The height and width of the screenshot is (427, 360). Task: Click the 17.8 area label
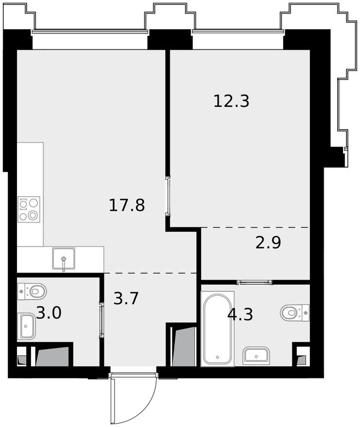127,205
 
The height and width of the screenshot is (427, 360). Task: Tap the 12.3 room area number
231,101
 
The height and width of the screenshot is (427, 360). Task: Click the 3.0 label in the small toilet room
49,313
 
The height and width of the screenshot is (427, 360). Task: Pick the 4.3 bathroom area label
240,314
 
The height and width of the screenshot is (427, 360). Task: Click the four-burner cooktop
29,208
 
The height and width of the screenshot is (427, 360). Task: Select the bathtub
217,329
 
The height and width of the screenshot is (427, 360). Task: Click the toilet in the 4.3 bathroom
295,313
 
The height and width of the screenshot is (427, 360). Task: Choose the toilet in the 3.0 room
32,291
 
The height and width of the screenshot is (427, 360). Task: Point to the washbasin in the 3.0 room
27,326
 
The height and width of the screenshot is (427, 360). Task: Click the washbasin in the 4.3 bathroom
256,355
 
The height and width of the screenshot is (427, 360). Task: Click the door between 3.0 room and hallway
102,320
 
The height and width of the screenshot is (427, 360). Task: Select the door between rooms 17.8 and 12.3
168,196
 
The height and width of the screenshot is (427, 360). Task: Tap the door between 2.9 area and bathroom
255,282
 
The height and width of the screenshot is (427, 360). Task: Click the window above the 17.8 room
90,32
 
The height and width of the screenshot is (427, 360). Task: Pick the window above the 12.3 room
238,32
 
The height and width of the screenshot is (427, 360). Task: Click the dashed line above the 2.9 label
255,227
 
